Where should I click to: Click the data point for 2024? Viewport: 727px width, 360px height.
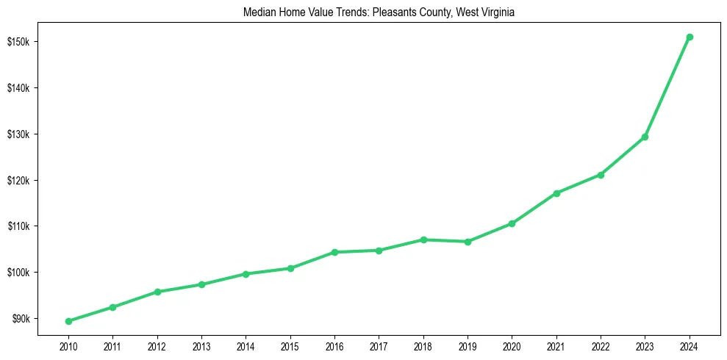(690, 37)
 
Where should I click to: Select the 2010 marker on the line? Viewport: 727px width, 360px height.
(68, 321)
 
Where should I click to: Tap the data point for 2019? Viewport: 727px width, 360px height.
(468, 242)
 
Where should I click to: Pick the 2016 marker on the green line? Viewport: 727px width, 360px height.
(334, 252)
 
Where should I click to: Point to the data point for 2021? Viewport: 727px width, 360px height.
(556, 193)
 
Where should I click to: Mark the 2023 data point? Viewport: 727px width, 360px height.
(645, 137)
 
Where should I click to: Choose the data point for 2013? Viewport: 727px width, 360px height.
(201, 284)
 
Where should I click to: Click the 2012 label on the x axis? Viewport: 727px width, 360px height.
(157, 345)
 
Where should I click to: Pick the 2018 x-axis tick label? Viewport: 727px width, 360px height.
(423, 345)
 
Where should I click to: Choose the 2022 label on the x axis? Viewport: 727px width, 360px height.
(601, 345)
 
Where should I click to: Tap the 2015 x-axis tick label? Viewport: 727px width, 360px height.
(290, 345)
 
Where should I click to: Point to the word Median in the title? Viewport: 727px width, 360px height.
(257, 12)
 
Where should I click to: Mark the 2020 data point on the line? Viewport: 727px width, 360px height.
(512, 223)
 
